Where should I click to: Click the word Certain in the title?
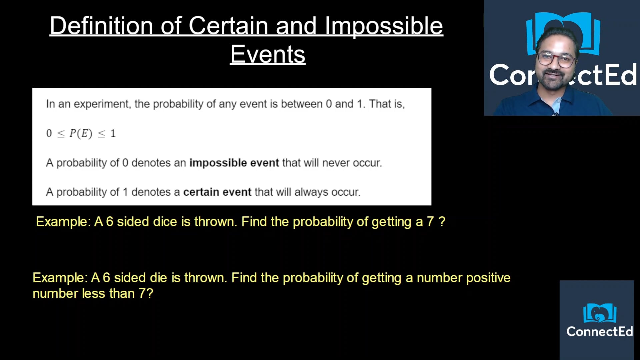(x=228, y=26)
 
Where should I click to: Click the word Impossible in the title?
(x=384, y=26)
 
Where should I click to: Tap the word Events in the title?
(x=268, y=54)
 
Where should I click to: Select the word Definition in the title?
(x=101, y=26)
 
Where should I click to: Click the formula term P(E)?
(x=81, y=133)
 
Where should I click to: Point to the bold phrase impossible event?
(x=234, y=163)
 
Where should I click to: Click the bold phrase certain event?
(x=217, y=192)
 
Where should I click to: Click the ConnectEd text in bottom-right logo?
(x=599, y=331)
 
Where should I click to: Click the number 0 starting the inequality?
(x=49, y=133)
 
